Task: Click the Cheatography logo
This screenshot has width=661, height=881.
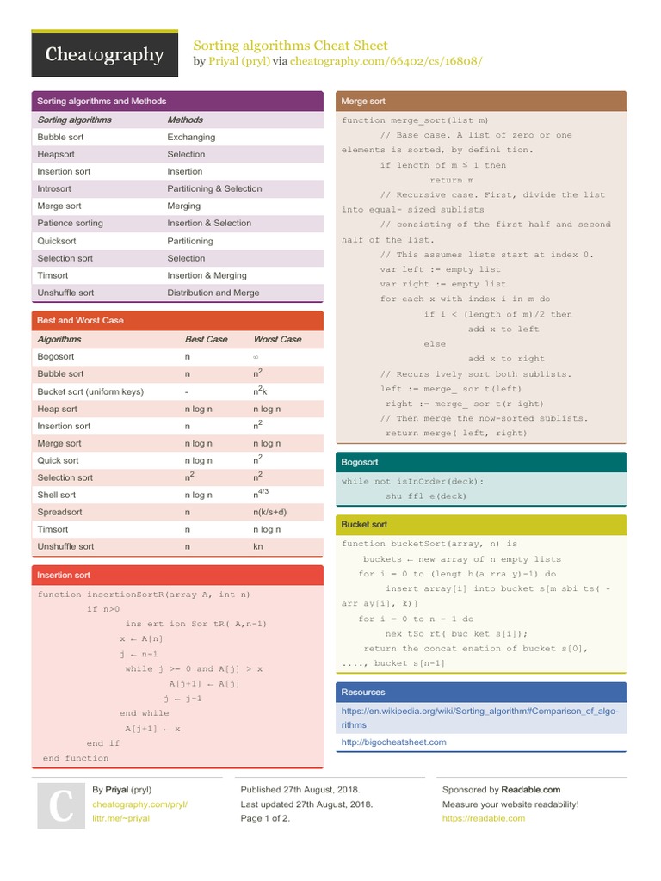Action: click(104, 56)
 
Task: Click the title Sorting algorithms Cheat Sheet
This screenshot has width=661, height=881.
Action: click(290, 45)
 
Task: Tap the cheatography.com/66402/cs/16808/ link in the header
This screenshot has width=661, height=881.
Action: click(386, 61)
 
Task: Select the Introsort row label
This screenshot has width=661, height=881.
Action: click(54, 188)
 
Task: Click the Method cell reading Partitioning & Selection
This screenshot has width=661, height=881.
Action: click(214, 188)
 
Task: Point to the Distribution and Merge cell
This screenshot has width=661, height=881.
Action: click(213, 293)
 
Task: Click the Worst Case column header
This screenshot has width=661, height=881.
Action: click(277, 339)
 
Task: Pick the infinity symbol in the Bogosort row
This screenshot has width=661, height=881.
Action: click(256, 356)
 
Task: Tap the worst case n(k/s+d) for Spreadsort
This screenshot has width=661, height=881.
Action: click(269, 512)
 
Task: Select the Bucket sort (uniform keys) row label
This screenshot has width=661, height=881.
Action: click(90, 391)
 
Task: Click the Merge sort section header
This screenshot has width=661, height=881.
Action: click(363, 102)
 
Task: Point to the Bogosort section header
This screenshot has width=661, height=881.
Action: click(360, 463)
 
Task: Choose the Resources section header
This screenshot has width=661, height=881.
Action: click(363, 692)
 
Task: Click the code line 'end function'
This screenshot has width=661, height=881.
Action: click(76, 758)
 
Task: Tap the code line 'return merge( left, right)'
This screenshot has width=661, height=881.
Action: click(456, 433)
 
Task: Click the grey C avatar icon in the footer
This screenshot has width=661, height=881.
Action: click(60, 805)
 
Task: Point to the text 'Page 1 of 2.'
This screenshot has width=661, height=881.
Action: click(265, 818)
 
